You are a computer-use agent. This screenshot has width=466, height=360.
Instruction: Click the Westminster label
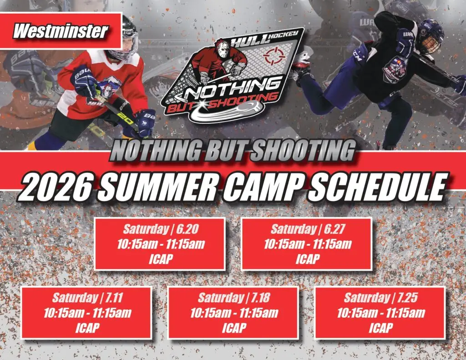click(x=61, y=31)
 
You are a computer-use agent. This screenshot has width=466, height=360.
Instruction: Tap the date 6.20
click(x=187, y=229)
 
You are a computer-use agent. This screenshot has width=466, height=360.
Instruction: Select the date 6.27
click(x=334, y=229)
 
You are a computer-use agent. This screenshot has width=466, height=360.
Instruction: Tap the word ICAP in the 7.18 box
click(x=233, y=328)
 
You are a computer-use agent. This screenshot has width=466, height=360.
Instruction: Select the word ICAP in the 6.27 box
click(x=307, y=259)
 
